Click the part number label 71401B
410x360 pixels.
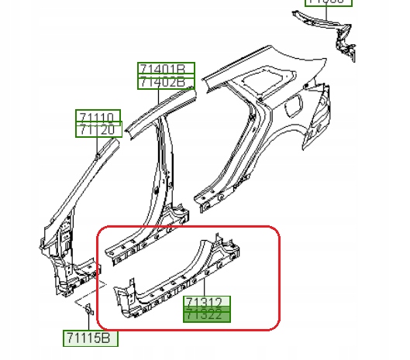[166, 70]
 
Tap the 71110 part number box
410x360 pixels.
[98, 117]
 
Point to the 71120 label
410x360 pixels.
[98, 129]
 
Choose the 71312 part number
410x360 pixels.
[205, 302]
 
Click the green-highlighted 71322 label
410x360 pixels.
[205, 314]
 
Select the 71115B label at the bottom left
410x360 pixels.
[90, 338]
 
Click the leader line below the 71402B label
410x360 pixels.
[159, 93]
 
